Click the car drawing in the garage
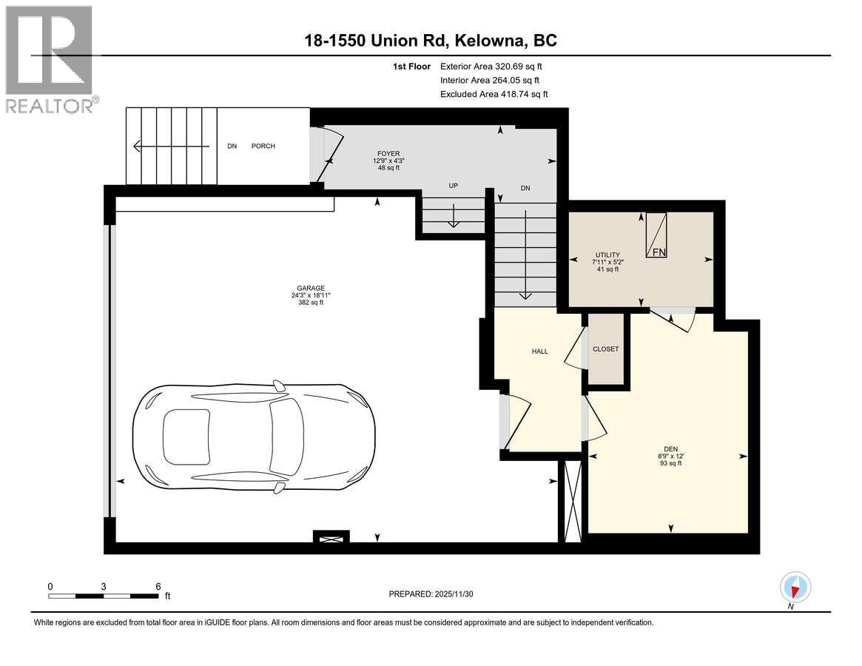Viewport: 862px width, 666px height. [252, 437]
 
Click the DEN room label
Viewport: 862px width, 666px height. [671, 448]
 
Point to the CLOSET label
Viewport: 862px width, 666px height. [605, 349]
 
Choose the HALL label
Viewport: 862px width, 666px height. [539, 351]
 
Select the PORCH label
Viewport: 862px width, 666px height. [263, 147]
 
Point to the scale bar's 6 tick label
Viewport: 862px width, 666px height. [158, 586]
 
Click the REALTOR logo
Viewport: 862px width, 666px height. [49, 59]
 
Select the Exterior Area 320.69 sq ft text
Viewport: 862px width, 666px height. [496, 67]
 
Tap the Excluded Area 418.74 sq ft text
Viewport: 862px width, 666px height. [494, 94]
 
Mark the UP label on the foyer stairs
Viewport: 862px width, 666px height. [454, 186]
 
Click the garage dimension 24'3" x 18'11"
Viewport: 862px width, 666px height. [310, 296]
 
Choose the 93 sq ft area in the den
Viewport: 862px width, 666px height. [670, 463]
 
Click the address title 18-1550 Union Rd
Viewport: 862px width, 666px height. [431, 40]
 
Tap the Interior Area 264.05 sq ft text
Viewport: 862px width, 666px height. [490, 80]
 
